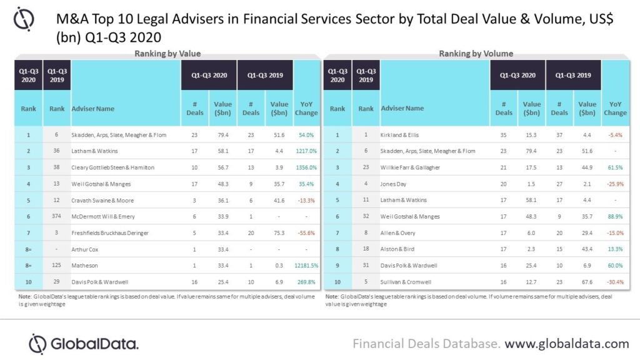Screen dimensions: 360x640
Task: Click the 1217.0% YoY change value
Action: coord(306,151)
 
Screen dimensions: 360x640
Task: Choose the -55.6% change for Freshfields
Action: coord(306,232)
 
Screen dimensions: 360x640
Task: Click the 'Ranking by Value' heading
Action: coord(167,54)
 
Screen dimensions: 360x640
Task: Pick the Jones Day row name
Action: coord(394,183)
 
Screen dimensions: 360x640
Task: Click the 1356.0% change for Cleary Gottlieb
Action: coord(306,167)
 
